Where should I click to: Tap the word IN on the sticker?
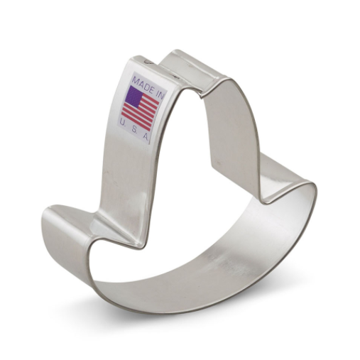click(160, 92)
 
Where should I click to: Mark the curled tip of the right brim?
click(307, 186)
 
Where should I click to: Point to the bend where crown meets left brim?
click(107, 227)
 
